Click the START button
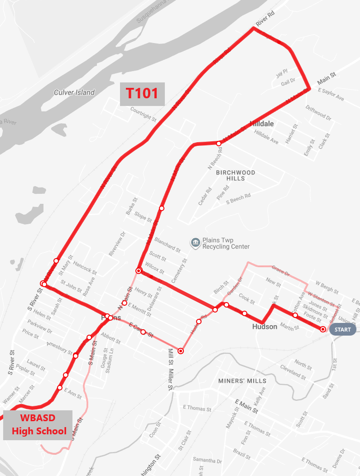pos(342,329)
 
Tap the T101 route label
pos(142,93)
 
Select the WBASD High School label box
pos(38,425)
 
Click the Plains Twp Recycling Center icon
pos(196,243)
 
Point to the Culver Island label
pos(74,92)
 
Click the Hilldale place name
pos(262,123)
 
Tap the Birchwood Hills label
pos(235,175)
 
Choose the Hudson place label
pos(264,327)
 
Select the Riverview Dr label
pos(116,245)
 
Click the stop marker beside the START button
pos(323,329)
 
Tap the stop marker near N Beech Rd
pos(219,144)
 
